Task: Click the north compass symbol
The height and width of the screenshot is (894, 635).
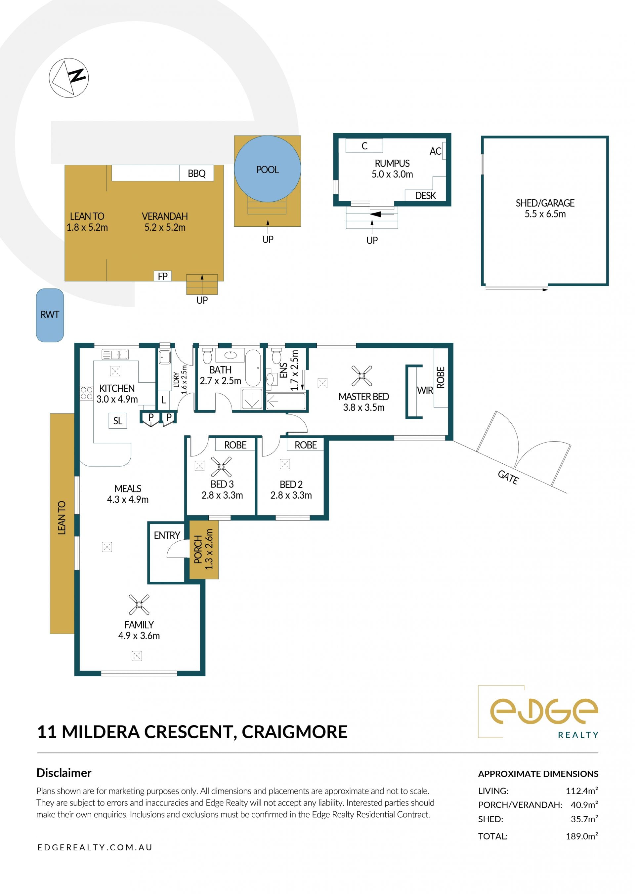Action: tap(69, 78)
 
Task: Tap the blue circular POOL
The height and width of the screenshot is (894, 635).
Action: tap(268, 169)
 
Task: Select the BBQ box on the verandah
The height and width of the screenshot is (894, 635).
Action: tap(197, 173)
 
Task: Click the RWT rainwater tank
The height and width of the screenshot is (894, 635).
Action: tap(50, 315)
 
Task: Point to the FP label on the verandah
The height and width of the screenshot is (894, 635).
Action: tap(163, 276)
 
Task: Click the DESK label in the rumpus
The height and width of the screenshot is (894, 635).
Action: tap(425, 195)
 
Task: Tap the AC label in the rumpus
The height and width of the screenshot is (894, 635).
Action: tap(435, 151)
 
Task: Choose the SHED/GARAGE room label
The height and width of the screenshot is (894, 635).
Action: tap(545, 203)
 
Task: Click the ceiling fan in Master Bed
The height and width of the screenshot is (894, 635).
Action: tap(362, 376)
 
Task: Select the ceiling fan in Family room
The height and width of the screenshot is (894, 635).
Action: tap(139, 604)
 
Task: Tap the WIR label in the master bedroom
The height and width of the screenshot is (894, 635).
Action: tap(425, 391)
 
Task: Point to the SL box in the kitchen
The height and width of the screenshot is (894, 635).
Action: tap(118, 421)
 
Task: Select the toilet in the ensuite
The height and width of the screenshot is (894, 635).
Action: tap(276, 355)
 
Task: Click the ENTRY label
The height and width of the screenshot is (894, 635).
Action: tap(167, 535)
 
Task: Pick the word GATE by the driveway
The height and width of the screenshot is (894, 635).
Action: tap(508, 477)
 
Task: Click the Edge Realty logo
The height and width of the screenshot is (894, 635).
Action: tap(538, 712)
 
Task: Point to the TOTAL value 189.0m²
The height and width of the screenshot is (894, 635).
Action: tap(582, 836)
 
